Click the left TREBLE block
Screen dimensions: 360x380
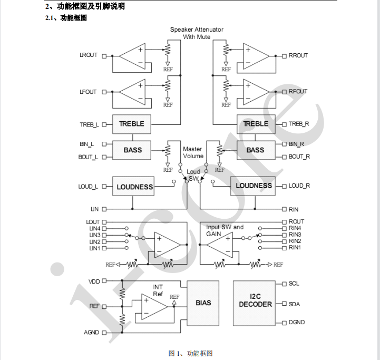tap(131, 124)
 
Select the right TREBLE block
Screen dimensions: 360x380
tap(256, 124)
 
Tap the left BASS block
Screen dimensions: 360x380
tap(133, 150)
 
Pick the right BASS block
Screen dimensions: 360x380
tap(256, 150)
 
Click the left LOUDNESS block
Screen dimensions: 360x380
tap(134, 187)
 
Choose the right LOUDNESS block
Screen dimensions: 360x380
tap(254, 186)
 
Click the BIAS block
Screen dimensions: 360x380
tap(203, 303)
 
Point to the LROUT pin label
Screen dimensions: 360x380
tap(88, 55)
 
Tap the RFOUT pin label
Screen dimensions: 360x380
tap(298, 91)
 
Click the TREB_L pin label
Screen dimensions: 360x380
tap(89, 125)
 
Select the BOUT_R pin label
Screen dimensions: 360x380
tap(299, 157)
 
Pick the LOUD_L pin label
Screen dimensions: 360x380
tap(89, 187)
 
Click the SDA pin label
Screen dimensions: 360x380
tap(294, 304)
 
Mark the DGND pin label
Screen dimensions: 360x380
tap(297, 322)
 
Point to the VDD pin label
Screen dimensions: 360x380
tap(94, 281)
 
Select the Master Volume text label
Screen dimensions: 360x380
tap(193, 152)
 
